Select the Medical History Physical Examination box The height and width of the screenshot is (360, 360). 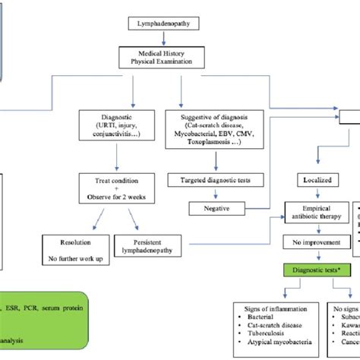[x=180, y=58]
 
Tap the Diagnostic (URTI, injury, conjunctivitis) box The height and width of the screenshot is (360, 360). [x=115, y=131]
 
